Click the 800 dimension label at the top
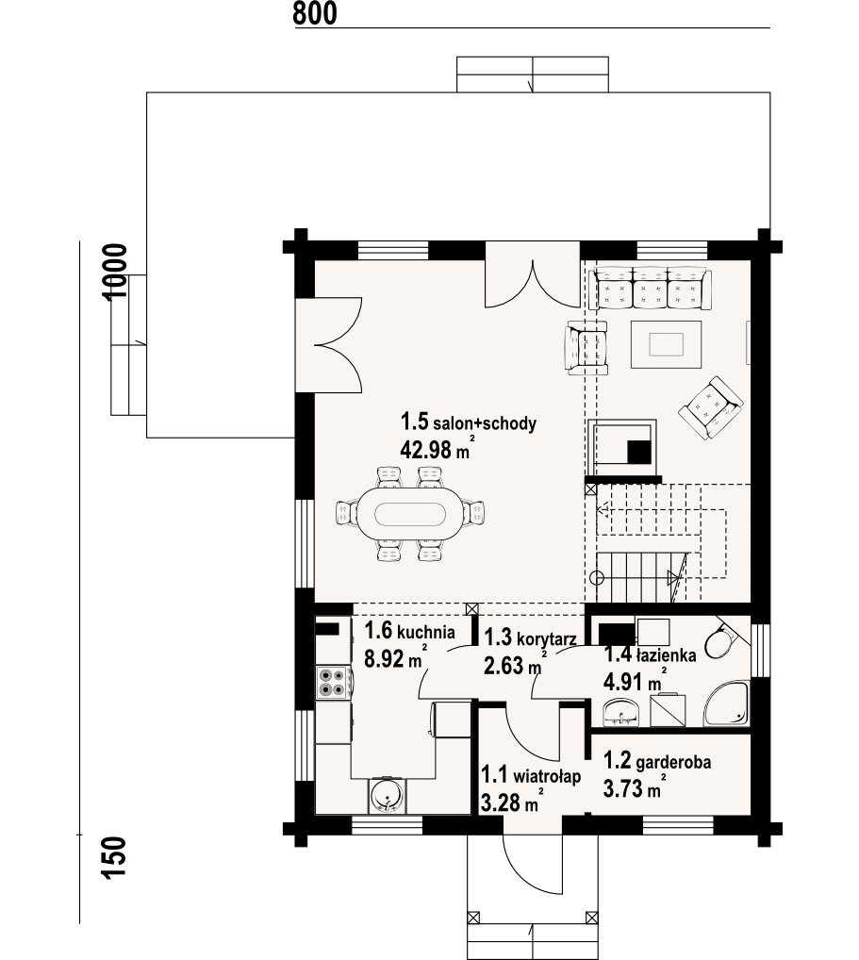pyautogui.click(x=315, y=13)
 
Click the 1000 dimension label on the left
pyautogui.click(x=115, y=272)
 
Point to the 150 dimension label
pyautogui.click(x=115, y=858)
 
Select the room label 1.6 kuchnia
pyautogui.click(x=409, y=631)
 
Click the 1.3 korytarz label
pyautogui.click(x=530, y=637)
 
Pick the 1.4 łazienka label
pyautogui.click(x=651, y=654)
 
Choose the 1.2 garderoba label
pyautogui.click(x=657, y=761)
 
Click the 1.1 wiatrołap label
pyautogui.click(x=530, y=776)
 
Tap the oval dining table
pyautogui.click(x=410, y=513)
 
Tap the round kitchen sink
pyautogui.click(x=387, y=795)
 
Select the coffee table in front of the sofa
pyautogui.click(x=666, y=344)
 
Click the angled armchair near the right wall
pyautogui.click(x=711, y=407)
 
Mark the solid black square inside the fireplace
pyautogui.click(x=639, y=452)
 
